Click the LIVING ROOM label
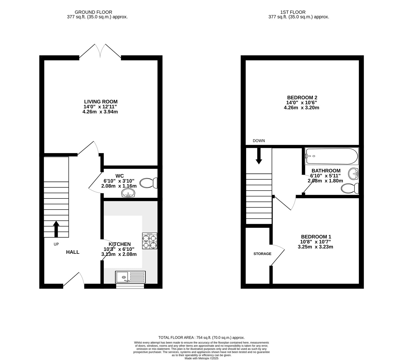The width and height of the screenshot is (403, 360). point(101,102)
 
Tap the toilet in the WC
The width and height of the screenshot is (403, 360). point(149,183)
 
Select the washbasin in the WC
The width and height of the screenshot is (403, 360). point(128,193)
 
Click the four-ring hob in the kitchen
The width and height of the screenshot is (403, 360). point(150,241)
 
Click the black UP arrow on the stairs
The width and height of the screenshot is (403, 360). point(56,229)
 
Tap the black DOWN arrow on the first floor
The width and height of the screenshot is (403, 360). point(259,156)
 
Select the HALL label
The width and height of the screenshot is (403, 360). point(73,252)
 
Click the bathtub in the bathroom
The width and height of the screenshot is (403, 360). point(331,156)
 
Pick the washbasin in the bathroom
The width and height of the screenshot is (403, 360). point(353,174)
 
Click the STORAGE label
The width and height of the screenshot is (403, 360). point(262,254)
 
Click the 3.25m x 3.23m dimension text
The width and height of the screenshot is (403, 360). point(315,247)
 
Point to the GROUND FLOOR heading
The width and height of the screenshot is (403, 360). point(93,12)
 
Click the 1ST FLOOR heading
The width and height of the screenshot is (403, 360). point(293,12)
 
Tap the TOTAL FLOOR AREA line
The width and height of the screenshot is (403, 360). point(201,338)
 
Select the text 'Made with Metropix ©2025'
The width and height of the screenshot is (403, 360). point(201,358)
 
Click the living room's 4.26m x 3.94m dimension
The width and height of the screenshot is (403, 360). point(100,112)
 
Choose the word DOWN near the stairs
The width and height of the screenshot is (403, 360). point(259,141)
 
